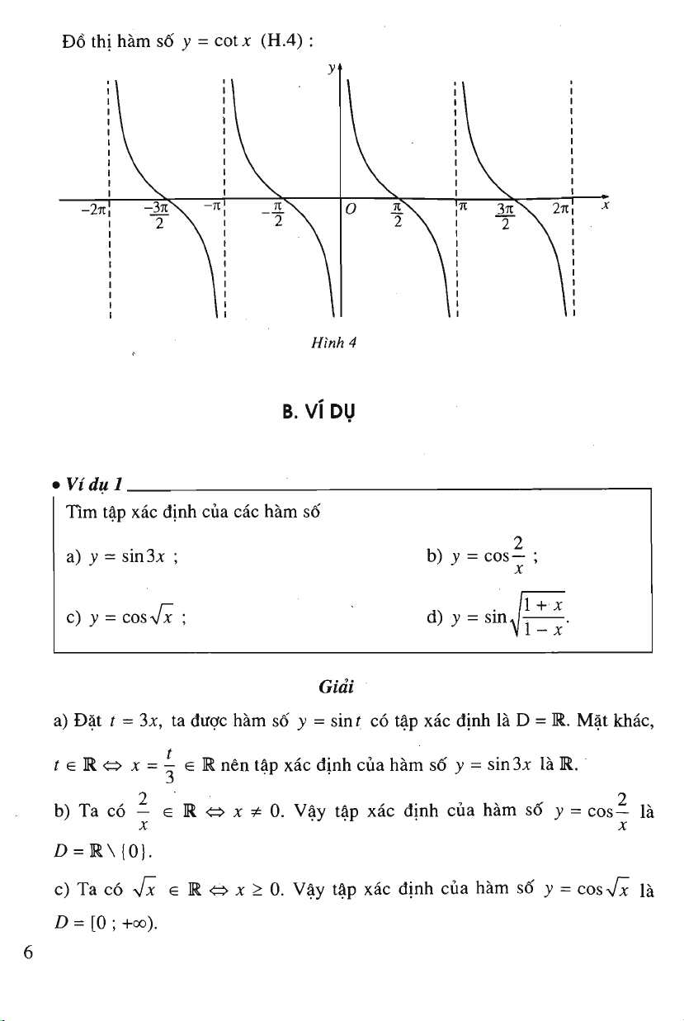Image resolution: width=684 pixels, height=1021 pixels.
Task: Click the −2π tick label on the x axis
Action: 94,210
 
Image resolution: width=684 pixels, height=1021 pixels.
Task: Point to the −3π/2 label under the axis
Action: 157,216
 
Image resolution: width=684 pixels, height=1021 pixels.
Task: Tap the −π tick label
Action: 212,206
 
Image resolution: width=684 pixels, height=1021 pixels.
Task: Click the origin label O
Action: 350,209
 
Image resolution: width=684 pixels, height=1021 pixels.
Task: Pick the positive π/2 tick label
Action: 398,215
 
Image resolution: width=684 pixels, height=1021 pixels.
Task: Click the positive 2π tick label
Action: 560,209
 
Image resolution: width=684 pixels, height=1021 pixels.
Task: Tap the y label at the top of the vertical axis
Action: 332,69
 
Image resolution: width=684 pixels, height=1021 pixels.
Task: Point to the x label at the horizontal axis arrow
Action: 605,206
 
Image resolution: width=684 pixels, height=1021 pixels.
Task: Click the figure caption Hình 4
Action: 333,343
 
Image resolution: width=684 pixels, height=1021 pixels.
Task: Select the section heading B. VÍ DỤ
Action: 318,412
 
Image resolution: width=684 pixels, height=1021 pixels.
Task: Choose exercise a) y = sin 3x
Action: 122,557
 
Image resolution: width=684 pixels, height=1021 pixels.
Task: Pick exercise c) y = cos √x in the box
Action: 126,617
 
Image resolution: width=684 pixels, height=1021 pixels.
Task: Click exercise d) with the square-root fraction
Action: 498,614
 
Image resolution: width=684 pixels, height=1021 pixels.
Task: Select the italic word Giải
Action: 337,687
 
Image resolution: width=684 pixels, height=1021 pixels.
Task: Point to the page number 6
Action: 28,952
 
